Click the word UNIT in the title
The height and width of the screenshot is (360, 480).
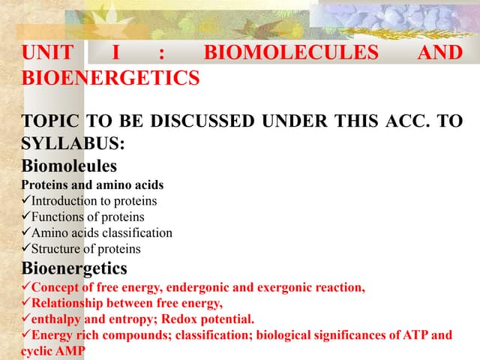pos(49,52)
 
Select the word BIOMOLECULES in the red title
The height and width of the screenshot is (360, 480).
pos(291,52)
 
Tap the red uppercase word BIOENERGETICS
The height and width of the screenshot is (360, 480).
pos(111,77)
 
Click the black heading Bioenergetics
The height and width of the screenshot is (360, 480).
pos(74,268)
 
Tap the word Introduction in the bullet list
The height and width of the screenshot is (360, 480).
pos(64,201)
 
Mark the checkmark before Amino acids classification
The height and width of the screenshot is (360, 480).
pos(26,232)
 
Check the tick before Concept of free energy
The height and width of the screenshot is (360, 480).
pos(26,286)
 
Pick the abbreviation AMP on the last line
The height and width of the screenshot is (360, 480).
pos(71,350)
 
